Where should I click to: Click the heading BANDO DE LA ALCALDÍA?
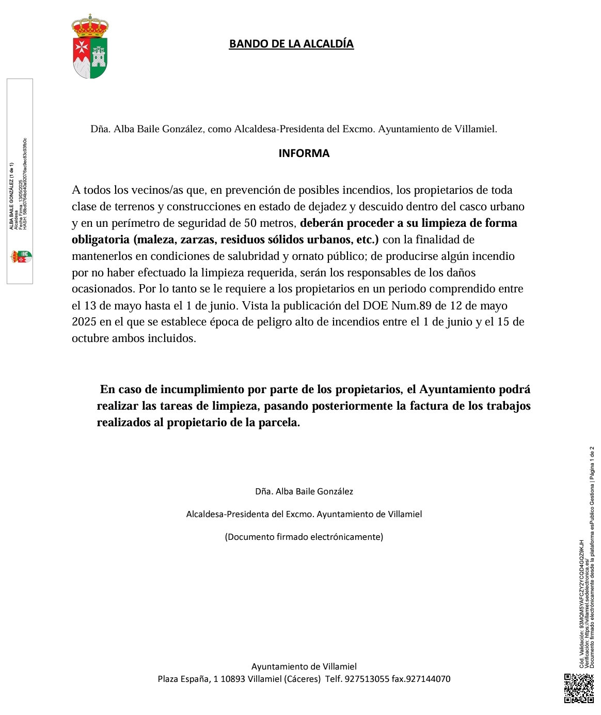coord(291,44)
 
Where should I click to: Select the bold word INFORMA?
coord(304,153)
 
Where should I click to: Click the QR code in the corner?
coord(579,688)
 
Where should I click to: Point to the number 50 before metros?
coord(250,223)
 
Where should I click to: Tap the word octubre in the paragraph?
coord(90,339)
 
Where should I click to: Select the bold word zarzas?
coord(197,240)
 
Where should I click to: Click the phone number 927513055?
coord(367,679)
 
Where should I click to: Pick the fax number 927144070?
coord(428,679)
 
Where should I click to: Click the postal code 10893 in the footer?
coord(233,679)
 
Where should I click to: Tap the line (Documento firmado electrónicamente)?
coord(304,537)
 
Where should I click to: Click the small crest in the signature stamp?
coord(21,255)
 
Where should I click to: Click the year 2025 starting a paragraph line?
coord(84,322)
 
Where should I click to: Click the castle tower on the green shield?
coord(99,55)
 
